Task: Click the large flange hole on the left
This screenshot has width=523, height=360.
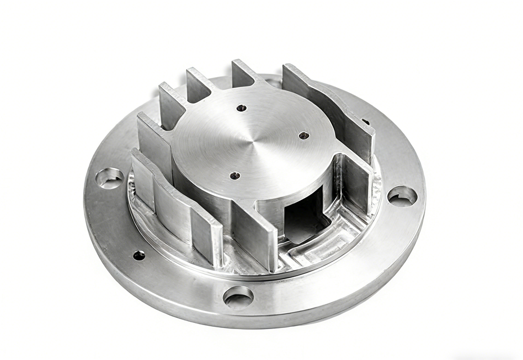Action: [110, 178]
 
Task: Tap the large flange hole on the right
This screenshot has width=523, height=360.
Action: [403, 196]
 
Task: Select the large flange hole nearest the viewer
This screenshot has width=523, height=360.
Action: [238, 296]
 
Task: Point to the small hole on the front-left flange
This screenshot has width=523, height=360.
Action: [139, 255]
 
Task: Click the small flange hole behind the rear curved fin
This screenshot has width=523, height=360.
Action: [366, 121]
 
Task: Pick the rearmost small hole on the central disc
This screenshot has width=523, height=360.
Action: [241, 107]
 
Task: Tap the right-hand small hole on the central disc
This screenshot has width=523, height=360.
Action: [304, 136]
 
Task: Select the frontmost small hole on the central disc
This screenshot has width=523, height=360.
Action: [235, 175]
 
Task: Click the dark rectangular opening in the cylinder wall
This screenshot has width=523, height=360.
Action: [304, 217]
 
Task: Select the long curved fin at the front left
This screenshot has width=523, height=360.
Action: [169, 202]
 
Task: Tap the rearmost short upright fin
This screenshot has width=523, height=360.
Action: [243, 73]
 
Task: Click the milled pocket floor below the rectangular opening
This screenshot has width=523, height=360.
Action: [315, 247]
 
